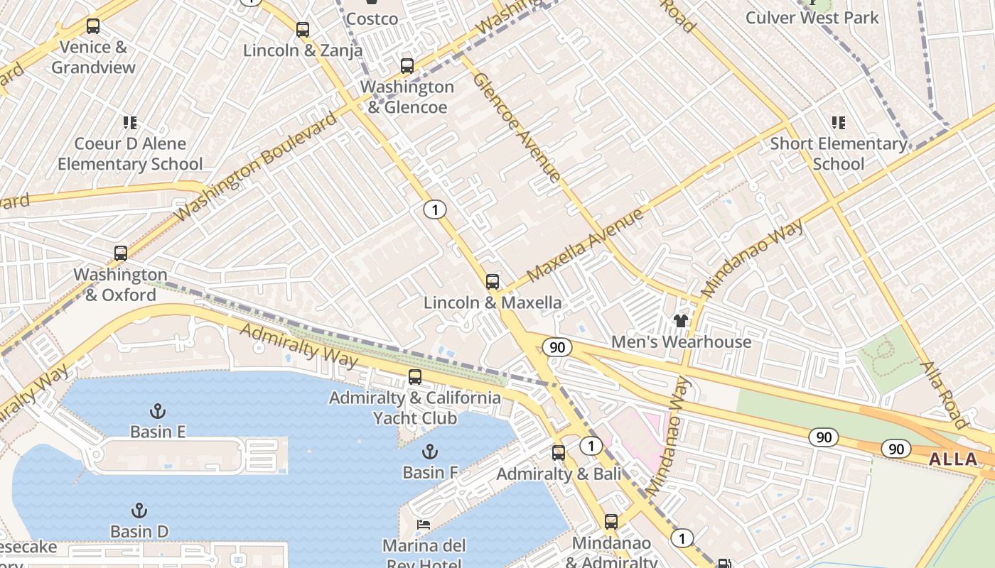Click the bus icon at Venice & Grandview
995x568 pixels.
pyautogui.click(x=93, y=26)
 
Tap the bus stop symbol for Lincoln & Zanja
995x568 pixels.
pyautogui.click(x=303, y=30)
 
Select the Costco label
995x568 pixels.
pyautogui.click(x=372, y=18)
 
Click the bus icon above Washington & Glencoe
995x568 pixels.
pyautogui.click(x=407, y=66)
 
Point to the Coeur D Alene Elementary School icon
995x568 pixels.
pyautogui.click(x=130, y=123)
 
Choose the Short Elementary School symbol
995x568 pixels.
pyautogui.click(x=839, y=123)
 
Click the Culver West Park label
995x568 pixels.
pyautogui.click(x=812, y=18)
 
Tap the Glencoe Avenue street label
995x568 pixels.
pyautogui.click(x=517, y=126)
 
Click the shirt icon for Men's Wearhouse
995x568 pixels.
pyautogui.click(x=681, y=321)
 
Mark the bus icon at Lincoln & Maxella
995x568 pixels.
pyautogui.click(x=493, y=282)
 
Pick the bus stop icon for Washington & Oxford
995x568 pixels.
pyautogui.click(x=121, y=253)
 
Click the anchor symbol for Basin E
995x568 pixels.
pyautogui.click(x=158, y=410)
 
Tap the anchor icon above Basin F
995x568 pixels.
pyautogui.click(x=429, y=452)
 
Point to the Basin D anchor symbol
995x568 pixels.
pyautogui.click(x=139, y=510)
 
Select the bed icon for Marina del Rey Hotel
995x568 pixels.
pyautogui.click(x=424, y=525)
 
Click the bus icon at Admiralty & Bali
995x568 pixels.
pyautogui.click(x=559, y=453)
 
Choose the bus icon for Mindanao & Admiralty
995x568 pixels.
pyautogui.click(x=611, y=523)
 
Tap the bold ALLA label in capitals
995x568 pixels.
pyautogui.click(x=953, y=459)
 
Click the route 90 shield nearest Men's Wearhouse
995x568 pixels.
pyautogui.click(x=557, y=347)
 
